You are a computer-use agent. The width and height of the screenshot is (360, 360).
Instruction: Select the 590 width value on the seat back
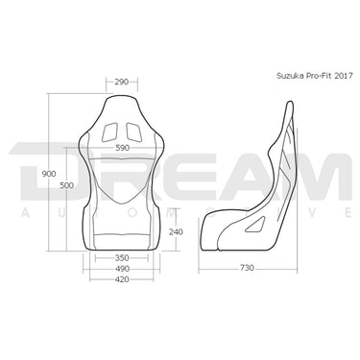point(120,148)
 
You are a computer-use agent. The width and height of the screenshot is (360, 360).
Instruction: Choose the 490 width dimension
point(120,271)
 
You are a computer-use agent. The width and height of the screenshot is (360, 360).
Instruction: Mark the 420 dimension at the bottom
point(120,282)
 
